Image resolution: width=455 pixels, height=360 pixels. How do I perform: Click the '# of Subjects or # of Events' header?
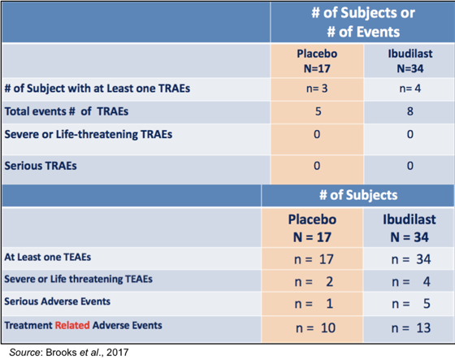[x=363, y=23]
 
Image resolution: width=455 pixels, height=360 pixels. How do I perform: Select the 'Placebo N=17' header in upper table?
[x=317, y=61]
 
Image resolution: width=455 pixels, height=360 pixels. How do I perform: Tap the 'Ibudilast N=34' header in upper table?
[x=410, y=61]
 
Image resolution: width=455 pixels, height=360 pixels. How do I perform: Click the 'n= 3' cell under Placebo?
[x=317, y=89]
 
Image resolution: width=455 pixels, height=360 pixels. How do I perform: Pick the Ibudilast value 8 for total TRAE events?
[x=410, y=111]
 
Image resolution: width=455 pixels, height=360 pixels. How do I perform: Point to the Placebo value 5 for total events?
[x=318, y=111]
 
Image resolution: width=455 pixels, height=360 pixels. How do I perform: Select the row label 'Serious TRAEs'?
[x=41, y=166]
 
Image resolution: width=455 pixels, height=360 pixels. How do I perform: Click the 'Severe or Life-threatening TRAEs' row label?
[x=89, y=134]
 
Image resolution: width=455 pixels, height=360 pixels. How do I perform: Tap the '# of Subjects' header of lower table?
[x=358, y=195]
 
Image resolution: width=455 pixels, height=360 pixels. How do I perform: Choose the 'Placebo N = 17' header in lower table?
[x=312, y=228]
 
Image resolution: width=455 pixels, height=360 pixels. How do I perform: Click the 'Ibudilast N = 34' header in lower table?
[x=409, y=228]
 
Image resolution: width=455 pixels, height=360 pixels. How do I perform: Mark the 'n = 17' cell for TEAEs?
[x=314, y=259]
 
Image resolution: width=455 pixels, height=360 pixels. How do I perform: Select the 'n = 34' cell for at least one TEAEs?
[x=411, y=259]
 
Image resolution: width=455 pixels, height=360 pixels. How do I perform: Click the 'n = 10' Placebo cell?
[x=316, y=328]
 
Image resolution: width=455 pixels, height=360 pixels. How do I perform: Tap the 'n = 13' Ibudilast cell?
[x=411, y=328]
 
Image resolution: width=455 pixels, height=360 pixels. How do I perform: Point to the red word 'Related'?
[x=72, y=325]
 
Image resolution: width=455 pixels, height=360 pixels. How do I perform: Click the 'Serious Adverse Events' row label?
[x=57, y=301]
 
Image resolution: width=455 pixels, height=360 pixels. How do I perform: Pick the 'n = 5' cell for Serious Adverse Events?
[x=411, y=304]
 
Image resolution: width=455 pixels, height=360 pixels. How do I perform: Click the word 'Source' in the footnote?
[x=24, y=353]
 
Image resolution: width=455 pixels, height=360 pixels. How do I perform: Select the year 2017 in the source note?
[x=118, y=353]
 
